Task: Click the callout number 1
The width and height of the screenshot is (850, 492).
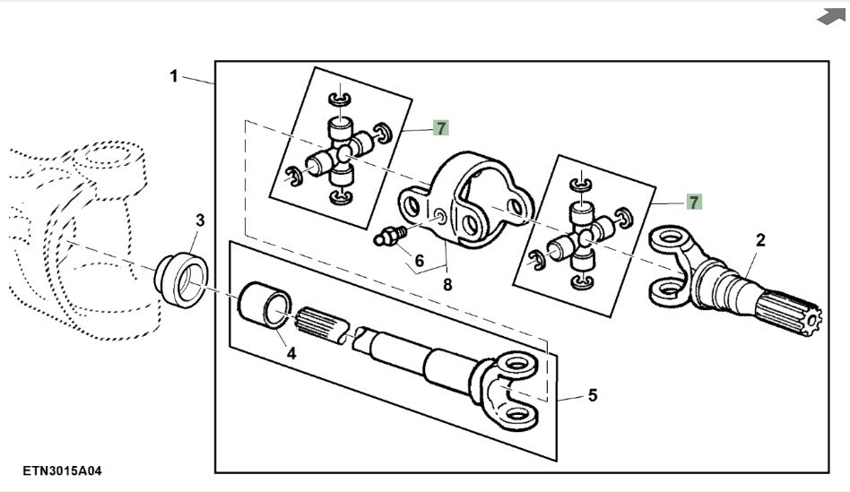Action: tap(173, 76)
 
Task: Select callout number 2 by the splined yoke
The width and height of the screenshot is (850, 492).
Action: tap(760, 240)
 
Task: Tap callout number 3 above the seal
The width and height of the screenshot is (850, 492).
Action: tap(201, 220)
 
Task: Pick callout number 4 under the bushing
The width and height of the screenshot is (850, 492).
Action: tap(291, 354)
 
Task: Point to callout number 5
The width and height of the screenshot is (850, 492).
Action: tap(593, 395)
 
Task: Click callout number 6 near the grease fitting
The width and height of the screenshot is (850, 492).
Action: tap(419, 261)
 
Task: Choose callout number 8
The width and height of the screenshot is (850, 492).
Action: tap(447, 284)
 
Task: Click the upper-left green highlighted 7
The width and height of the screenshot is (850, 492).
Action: tap(441, 128)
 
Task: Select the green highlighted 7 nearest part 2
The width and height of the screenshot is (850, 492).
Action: tap(694, 203)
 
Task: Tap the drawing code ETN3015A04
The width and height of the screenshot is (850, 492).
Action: tap(62, 470)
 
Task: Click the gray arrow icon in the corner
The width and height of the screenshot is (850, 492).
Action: tap(831, 16)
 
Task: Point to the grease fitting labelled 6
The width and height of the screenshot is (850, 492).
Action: tap(389, 237)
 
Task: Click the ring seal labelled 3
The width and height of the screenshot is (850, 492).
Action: tap(182, 281)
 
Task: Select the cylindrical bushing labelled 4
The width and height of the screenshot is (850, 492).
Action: tap(265, 305)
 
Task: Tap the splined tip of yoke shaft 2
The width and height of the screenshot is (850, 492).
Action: tap(790, 313)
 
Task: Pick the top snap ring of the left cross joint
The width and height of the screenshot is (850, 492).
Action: tap(340, 99)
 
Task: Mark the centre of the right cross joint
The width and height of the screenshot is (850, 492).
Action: tap(584, 237)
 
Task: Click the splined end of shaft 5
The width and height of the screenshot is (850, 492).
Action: tap(320, 325)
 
